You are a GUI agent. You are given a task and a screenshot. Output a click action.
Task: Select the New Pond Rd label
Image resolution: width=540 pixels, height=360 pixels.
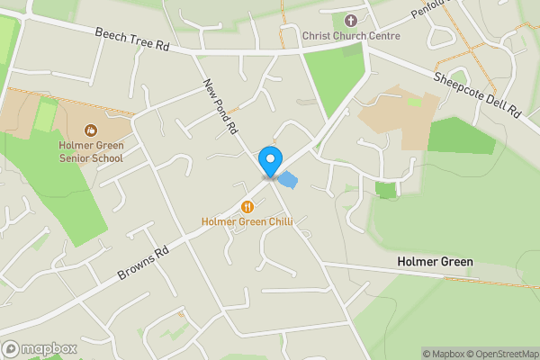tap(220, 106)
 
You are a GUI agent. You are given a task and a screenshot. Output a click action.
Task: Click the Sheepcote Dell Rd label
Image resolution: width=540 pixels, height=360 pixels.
tap(478, 94)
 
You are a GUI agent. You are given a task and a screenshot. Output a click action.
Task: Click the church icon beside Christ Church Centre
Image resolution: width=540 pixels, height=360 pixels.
tap(350, 19)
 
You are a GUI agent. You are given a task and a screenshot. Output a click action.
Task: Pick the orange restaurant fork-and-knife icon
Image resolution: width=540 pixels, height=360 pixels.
tap(245, 206)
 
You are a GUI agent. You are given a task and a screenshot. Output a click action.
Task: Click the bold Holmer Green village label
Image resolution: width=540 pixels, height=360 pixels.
tap(435, 262)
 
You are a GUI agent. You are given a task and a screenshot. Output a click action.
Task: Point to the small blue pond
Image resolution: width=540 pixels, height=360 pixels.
tap(288, 179)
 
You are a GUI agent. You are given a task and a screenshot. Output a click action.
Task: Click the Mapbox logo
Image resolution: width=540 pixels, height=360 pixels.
tap(39, 348)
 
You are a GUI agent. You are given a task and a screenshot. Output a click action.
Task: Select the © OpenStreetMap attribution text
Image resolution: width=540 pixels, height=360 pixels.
tap(499, 354)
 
